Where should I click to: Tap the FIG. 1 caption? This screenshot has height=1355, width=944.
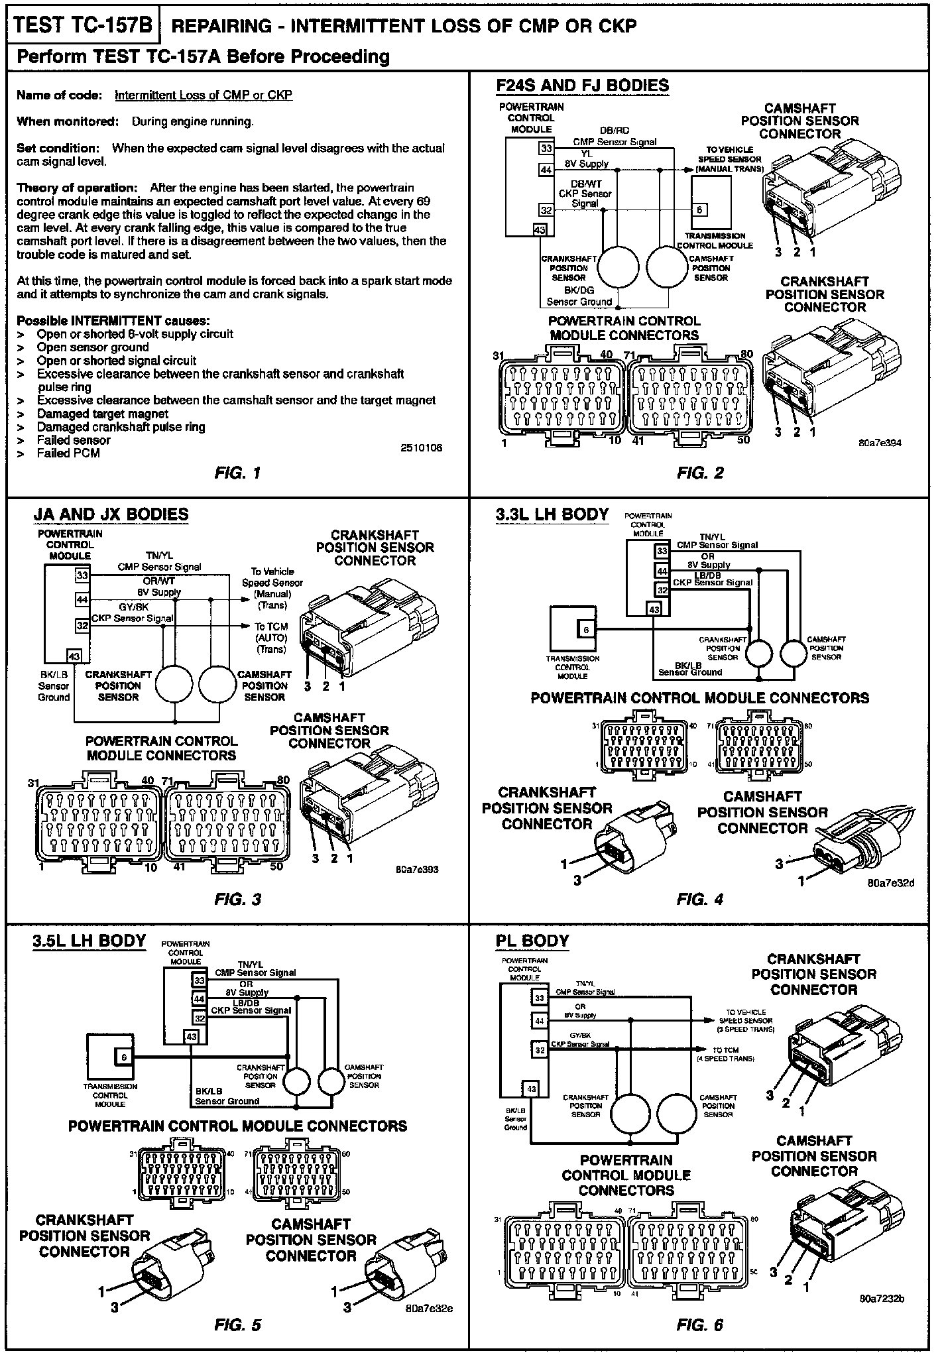click(238, 473)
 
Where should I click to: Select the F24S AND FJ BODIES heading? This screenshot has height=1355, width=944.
click(582, 86)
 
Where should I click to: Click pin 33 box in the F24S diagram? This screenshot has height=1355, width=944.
click(546, 148)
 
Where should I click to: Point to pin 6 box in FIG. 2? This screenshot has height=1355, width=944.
click(700, 210)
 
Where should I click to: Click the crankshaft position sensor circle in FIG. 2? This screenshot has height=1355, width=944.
click(618, 267)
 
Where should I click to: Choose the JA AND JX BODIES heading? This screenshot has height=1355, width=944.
click(111, 514)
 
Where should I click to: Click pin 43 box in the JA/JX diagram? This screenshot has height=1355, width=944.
click(74, 656)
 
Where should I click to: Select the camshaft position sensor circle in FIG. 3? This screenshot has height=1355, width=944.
click(219, 683)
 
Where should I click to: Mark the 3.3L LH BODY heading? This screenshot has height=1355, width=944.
click(552, 514)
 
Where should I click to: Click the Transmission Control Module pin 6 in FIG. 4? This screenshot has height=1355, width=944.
click(586, 630)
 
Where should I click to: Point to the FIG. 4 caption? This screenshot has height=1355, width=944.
click(700, 900)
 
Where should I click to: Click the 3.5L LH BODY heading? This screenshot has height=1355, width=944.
click(89, 941)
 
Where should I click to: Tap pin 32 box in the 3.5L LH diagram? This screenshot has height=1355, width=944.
click(199, 1018)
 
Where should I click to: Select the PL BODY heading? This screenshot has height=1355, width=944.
click(532, 941)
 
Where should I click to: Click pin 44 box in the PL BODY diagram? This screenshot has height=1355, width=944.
click(540, 1022)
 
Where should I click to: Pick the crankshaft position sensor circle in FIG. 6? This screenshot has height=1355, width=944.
click(630, 1115)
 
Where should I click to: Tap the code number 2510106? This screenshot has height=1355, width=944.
click(421, 448)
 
